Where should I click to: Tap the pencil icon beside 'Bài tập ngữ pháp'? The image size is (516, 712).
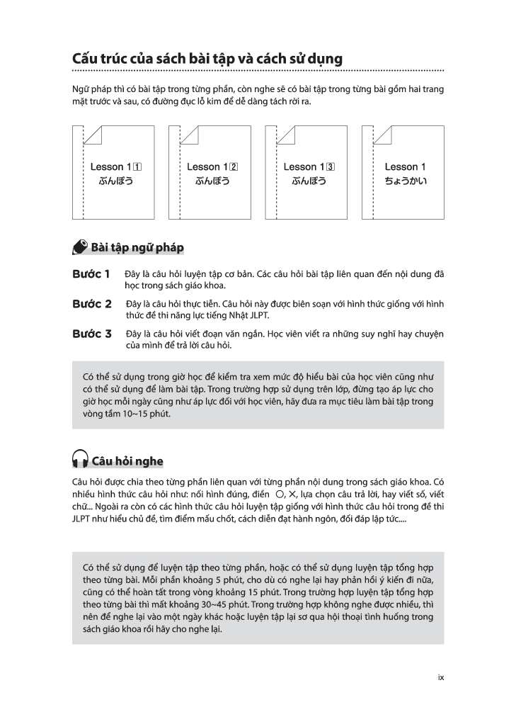point(80,247)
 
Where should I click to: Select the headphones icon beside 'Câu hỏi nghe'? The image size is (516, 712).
point(80,461)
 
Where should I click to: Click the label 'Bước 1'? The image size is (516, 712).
point(91,273)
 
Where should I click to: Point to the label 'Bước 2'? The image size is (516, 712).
point(92,304)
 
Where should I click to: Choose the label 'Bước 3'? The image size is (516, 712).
point(92,334)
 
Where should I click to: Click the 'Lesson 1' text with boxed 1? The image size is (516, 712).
point(116,167)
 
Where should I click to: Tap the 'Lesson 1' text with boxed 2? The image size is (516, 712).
point(212,167)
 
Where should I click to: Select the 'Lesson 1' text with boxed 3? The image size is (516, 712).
point(309,167)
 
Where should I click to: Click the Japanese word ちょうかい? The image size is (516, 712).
point(406,181)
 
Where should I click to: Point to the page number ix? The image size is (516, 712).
point(440,677)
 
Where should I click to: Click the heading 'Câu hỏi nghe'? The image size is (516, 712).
point(127,462)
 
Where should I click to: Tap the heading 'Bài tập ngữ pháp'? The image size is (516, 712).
point(137,247)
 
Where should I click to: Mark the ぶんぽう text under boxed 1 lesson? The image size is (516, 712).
point(116,181)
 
